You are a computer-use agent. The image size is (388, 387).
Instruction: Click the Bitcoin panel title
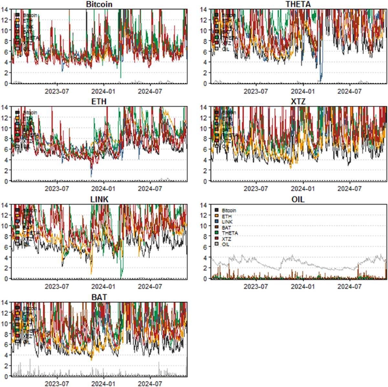(x=99, y=4)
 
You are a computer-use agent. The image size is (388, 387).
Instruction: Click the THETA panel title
(x=298, y=4)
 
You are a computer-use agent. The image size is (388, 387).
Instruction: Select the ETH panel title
(x=99, y=102)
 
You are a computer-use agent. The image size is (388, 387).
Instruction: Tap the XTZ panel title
(x=298, y=102)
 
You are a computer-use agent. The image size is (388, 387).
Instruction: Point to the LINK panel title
(x=99, y=200)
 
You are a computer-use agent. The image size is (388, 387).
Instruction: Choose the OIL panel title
(x=298, y=200)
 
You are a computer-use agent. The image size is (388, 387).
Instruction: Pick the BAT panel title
(x=99, y=297)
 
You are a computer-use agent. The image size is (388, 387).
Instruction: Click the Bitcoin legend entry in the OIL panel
(x=229, y=211)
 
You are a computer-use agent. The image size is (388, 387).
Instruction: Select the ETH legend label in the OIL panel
(x=227, y=216)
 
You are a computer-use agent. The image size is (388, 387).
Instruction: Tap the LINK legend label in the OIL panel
(x=227, y=222)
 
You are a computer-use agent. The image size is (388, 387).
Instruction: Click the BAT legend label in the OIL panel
(x=226, y=227)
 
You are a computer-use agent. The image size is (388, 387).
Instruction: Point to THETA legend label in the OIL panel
(x=230, y=233)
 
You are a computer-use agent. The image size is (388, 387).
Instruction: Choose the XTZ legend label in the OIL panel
(x=226, y=239)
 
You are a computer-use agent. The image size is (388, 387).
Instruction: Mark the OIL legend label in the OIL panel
(x=225, y=244)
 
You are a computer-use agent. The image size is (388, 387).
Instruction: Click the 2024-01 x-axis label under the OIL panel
(x=303, y=287)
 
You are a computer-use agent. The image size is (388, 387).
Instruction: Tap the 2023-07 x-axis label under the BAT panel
(x=57, y=384)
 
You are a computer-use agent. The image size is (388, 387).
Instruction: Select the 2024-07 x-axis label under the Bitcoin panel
(x=150, y=92)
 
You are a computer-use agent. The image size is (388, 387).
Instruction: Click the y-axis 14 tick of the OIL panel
(x=203, y=205)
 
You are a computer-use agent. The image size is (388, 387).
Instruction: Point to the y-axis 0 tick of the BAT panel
(x=5, y=376)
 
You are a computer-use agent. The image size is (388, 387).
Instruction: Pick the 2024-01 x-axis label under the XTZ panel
(x=303, y=189)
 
